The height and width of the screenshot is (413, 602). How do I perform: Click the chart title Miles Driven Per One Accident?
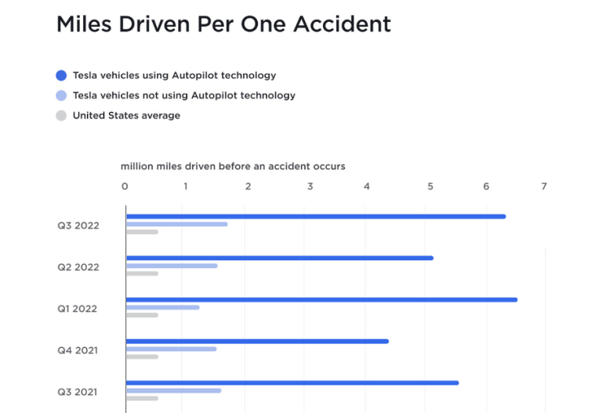(x=223, y=24)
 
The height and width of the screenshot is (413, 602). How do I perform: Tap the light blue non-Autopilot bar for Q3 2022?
(x=176, y=224)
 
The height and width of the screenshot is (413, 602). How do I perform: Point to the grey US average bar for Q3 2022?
(x=142, y=232)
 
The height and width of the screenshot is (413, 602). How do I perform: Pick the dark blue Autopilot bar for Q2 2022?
(x=279, y=258)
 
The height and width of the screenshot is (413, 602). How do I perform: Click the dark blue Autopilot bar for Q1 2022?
(x=321, y=299)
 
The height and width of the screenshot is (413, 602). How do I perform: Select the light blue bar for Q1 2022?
(x=162, y=307)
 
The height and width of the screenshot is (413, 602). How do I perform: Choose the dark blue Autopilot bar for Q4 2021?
(x=257, y=341)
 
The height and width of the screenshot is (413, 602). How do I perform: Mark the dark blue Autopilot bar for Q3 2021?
(x=292, y=382)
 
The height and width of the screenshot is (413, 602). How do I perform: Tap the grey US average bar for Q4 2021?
(x=142, y=357)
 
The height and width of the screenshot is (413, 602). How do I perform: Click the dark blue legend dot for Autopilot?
(x=61, y=76)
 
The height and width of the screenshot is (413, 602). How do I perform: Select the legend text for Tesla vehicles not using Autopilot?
(x=184, y=96)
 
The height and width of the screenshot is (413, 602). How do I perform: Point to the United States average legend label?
(x=126, y=116)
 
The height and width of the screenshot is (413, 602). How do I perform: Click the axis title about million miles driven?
(x=233, y=166)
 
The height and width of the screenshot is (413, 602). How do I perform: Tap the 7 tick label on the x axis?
(x=543, y=187)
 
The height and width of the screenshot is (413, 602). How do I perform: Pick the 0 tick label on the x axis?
(x=125, y=187)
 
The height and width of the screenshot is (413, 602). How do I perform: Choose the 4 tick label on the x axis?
(x=367, y=187)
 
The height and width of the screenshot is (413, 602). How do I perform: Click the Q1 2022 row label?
(x=77, y=309)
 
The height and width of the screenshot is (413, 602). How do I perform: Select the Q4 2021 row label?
(x=78, y=350)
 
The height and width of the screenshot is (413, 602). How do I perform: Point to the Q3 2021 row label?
(x=78, y=392)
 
